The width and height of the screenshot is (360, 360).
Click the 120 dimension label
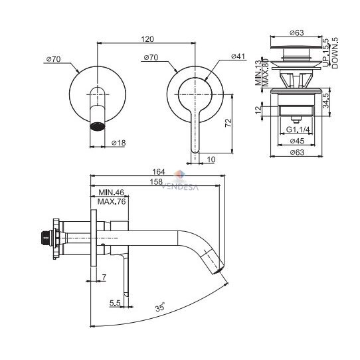pyautogui.click(x=147, y=39)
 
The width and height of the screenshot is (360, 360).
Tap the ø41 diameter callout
pyautogui.click(x=238, y=56)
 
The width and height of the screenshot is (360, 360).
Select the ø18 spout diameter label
pyautogui.click(x=118, y=143)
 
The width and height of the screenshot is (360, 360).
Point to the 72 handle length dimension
pyautogui.click(x=228, y=123)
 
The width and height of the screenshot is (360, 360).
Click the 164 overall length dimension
pyautogui.click(x=159, y=171)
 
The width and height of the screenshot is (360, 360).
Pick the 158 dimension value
pyautogui.click(x=156, y=181)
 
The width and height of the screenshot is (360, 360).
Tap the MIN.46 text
pyautogui.click(x=111, y=192)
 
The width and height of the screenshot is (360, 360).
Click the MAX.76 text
pyautogui.click(x=112, y=201)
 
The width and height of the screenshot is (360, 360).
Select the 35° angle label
pyautogui.click(x=160, y=307)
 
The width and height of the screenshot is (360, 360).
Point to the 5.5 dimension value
pyautogui.click(x=115, y=303)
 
